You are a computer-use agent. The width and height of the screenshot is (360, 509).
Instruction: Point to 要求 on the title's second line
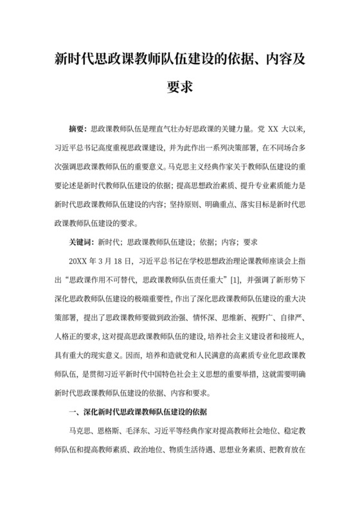pyautogui.click(x=179, y=85)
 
